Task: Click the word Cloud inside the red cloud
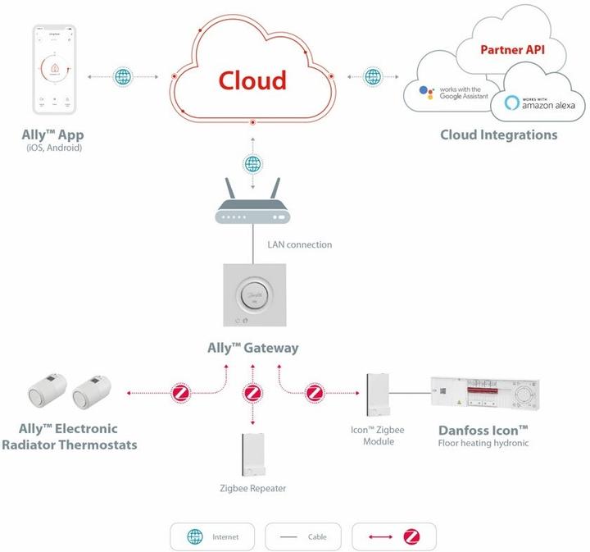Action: point(252,80)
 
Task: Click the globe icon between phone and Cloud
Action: point(122,76)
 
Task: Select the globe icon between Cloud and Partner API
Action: point(373,76)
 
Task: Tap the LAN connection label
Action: point(299,244)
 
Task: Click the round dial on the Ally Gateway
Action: point(252,294)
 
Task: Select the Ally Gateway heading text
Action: point(252,348)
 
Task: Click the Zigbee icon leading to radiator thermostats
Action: point(182,393)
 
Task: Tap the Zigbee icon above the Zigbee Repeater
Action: point(252,393)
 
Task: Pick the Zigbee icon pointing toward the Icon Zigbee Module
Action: point(315,393)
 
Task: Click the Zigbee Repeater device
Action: point(252,454)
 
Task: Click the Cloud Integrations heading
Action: point(498,135)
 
